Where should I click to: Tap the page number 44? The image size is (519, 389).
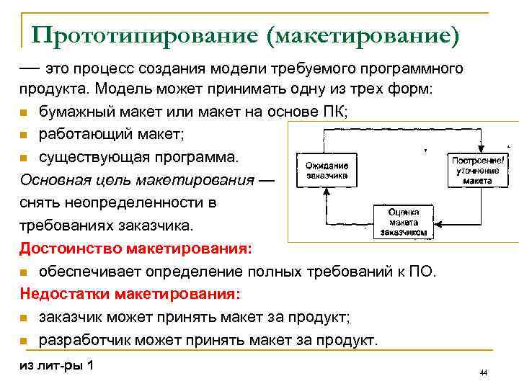484,372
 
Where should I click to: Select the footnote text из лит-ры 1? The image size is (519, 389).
56,365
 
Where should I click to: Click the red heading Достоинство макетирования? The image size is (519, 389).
136,249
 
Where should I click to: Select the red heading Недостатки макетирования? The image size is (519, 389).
131,294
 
